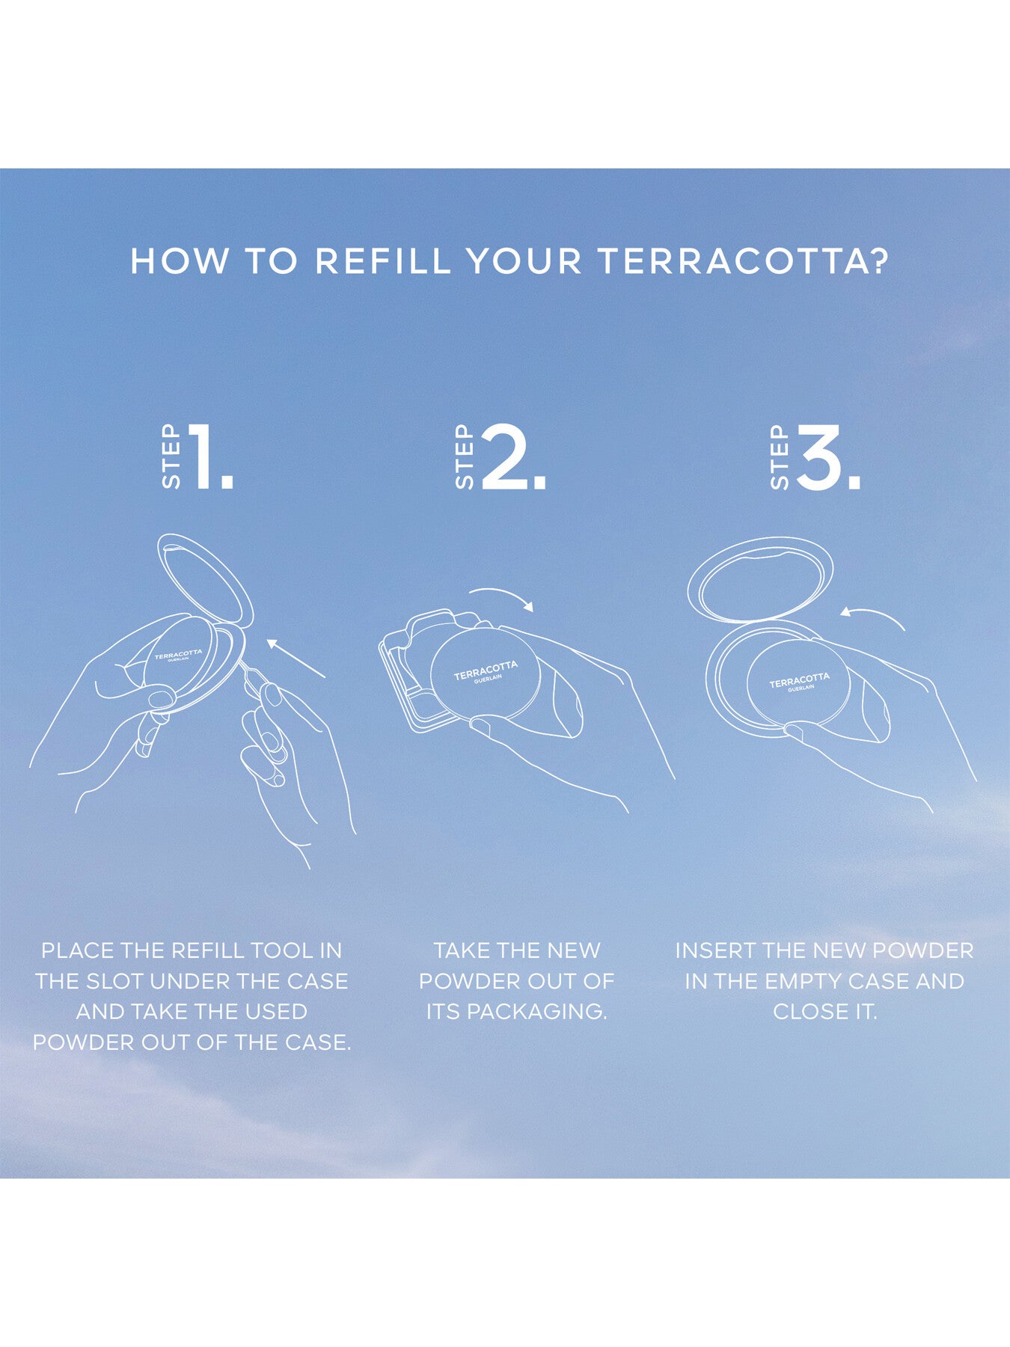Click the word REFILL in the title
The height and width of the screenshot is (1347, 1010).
pyautogui.click(x=383, y=260)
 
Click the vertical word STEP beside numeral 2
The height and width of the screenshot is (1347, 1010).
pyautogui.click(x=465, y=457)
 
